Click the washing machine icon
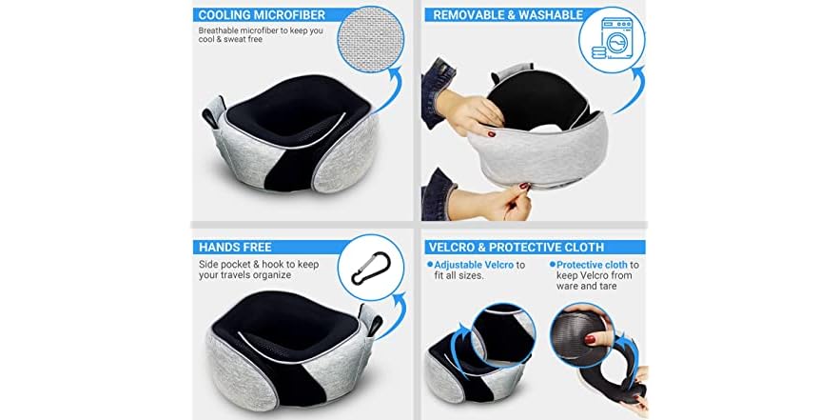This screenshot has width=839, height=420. tap(612, 47)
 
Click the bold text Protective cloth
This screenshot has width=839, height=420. tap(592, 264)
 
